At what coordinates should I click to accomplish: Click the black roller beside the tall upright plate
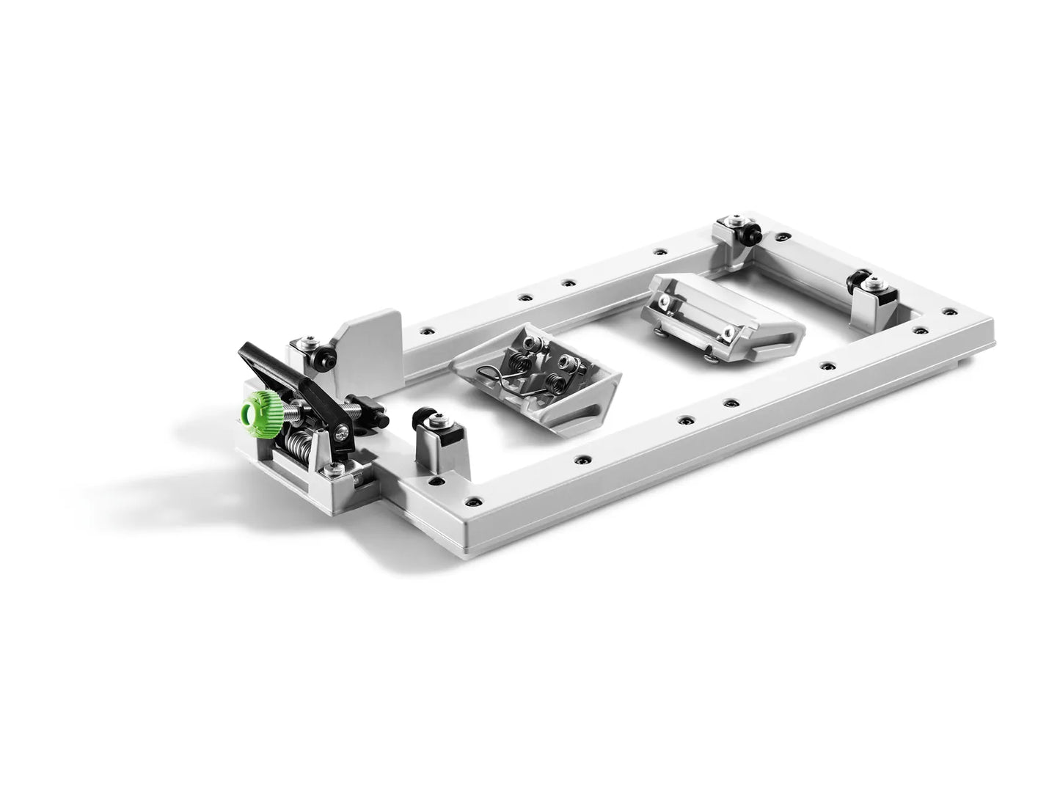(323, 358)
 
